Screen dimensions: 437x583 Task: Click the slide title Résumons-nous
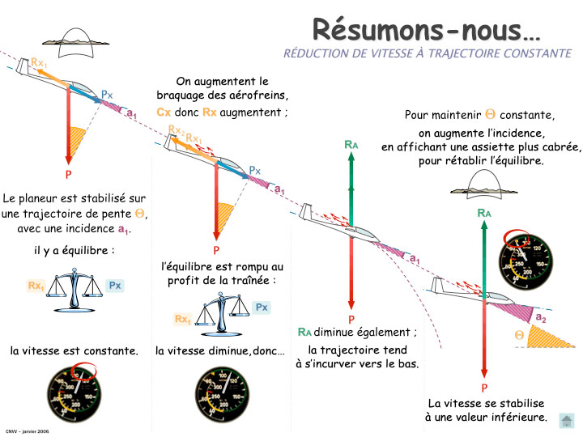(427, 30)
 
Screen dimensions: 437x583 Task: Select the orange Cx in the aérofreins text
(164, 112)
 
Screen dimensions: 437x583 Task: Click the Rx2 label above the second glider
(176, 130)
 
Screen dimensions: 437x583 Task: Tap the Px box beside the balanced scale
(114, 285)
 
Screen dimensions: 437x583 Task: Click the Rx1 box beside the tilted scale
(182, 320)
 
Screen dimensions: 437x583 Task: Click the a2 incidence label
(540, 318)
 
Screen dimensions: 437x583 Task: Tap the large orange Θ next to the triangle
(519, 334)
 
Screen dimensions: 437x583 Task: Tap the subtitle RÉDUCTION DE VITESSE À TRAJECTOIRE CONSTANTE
(427, 53)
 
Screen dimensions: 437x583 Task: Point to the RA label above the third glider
(351, 144)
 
